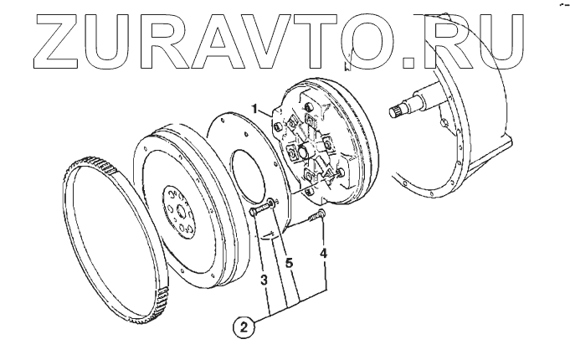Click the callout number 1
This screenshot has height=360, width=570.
[x=262, y=109]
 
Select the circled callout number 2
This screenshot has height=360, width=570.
[x=244, y=327]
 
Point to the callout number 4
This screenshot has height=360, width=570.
[x=324, y=252]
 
